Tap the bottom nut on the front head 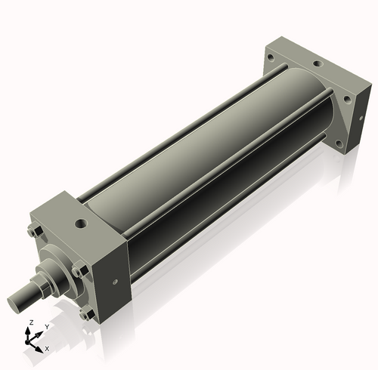coord(85,313)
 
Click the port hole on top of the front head coord(79,223)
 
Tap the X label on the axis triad coord(47,349)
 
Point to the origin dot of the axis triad coord(31,341)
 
